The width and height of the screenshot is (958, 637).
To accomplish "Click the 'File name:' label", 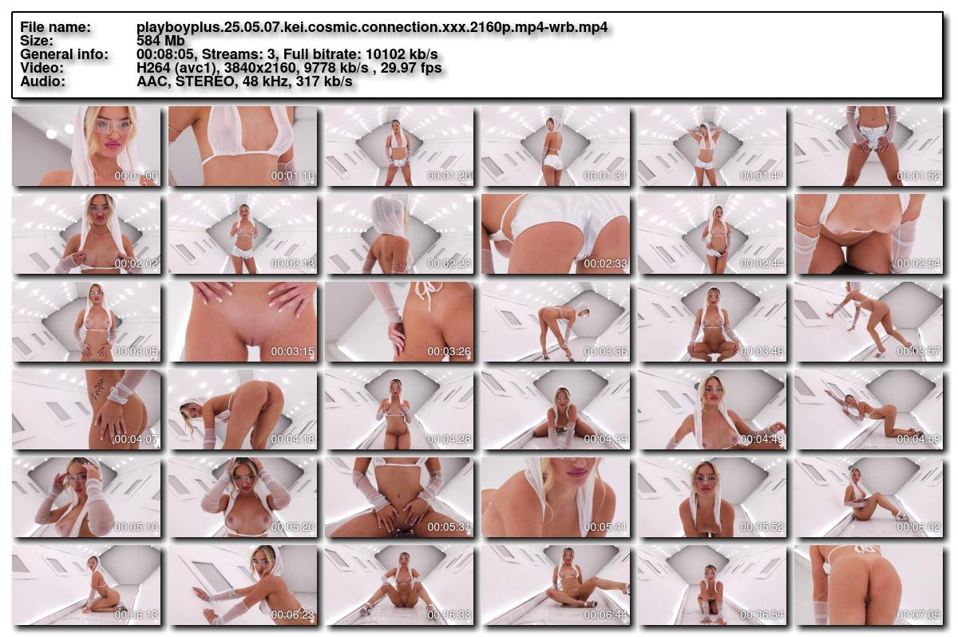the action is pyautogui.click(x=55, y=27).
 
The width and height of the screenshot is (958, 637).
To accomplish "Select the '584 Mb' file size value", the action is pyautogui.click(x=160, y=41).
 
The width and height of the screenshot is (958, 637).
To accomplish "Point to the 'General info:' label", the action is pyautogui.click(x=64, y=54).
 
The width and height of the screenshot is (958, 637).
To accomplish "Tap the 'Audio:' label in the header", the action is pyautogui.click(x=43, y=81).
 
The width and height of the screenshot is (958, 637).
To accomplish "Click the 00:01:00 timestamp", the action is pyautogui.click(x=136, y=176).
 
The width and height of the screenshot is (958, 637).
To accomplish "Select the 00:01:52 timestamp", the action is pyautogui.click(x=918, y=176).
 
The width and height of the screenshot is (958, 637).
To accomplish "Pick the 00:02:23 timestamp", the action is pyautogui.click(x=449, y=263).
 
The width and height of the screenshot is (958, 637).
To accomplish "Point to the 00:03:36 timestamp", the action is pyautogui.click(x=605, y=351).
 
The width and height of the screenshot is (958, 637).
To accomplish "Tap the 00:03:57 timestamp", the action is pyautogui.click(x=918, y=351).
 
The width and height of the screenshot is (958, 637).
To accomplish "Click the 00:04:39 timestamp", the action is pyautogui.click(x=605, y=439).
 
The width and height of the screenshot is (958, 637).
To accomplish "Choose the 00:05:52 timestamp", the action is pyautogui.click(x=762, y=527).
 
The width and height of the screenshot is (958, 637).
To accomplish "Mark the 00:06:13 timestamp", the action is pyautogui.click(x=136, y=615).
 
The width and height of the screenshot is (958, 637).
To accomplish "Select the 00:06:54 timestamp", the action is pyautogui.click(x=762, y=615).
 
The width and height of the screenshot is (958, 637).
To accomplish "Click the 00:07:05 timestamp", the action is pyautogui.click(x=918, y=615).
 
